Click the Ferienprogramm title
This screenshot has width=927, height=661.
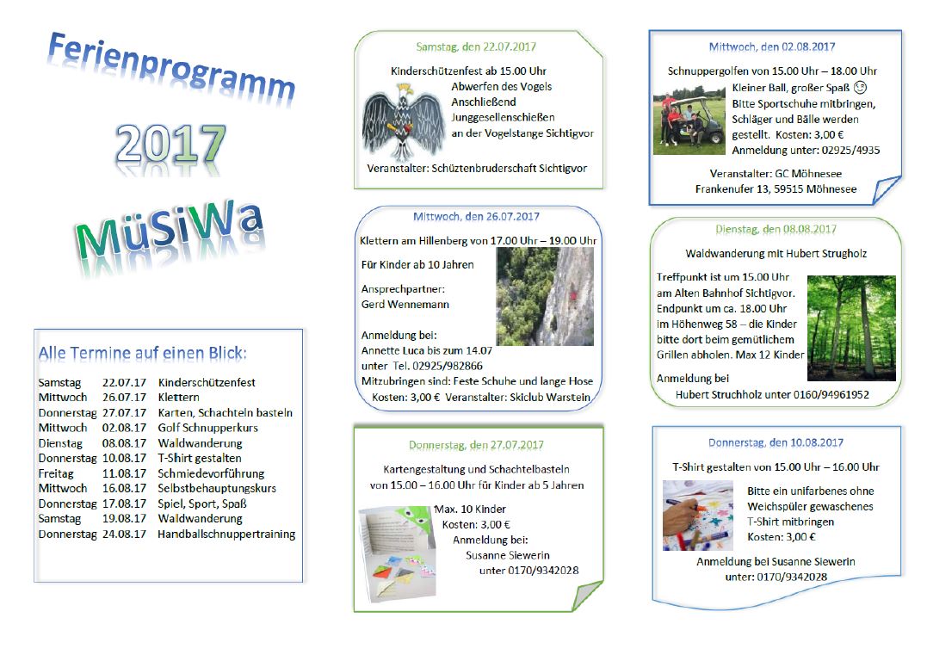click(x=171, y=67)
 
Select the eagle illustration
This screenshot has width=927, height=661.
click(x=403, y=121)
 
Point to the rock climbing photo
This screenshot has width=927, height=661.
click(x=545, y=296)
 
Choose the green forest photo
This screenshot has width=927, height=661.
click(x=851, y=328)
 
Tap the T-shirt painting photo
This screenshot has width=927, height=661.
click(x=697, y=516)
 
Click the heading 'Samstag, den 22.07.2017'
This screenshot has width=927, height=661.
click(x=476, y=46)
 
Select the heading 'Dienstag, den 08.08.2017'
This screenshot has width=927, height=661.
click(x=776, y=230)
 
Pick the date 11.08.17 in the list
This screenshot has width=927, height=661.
click(x=124, y=473)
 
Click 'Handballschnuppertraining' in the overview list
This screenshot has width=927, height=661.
click(x=226, y=534)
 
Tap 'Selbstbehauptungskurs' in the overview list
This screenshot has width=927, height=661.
click(x=217, y=488)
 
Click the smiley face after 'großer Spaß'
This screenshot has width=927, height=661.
click(x=860, y=88)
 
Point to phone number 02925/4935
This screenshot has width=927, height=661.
click(x=850, y=150)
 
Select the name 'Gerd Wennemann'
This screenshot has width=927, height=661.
click(x=405, y=305)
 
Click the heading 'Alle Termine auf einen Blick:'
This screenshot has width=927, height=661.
click(x=143, y=354)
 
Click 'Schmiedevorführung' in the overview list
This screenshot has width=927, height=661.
click(x=211, y=473)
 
